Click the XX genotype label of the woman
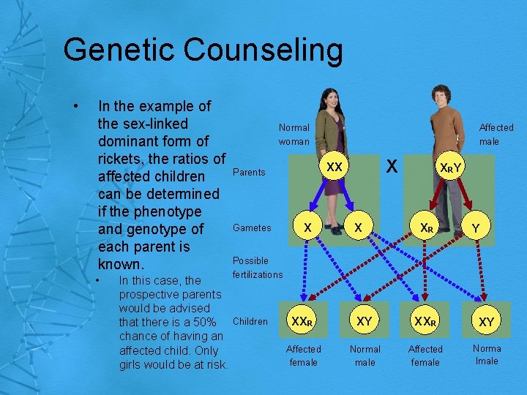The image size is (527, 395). pyautogui.click(x=334, y=168)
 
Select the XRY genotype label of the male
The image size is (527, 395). pyautogui.click(x=449, y=169)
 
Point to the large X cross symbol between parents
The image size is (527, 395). pyautogui.click(x=392, y=167)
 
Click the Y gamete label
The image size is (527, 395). pyautogui.click(x=476, y=228)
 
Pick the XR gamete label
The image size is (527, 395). pyautogui.click(x=426, y=228)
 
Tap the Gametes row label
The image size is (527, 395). pyautogui.click(x=252, y=227)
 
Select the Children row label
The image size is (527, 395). pyautogui.click(x=251, y=321)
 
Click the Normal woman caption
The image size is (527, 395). pyautogui.click(x=294, y=134)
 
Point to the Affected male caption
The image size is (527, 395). pyautogui.click(x=496, y=134)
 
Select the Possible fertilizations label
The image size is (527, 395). pyautogui.click(x=257, y=267)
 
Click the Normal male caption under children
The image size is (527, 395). pyautogui.click(x=365, y=355)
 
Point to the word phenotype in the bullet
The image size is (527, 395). pyautogui.click(x=165, y=211)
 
